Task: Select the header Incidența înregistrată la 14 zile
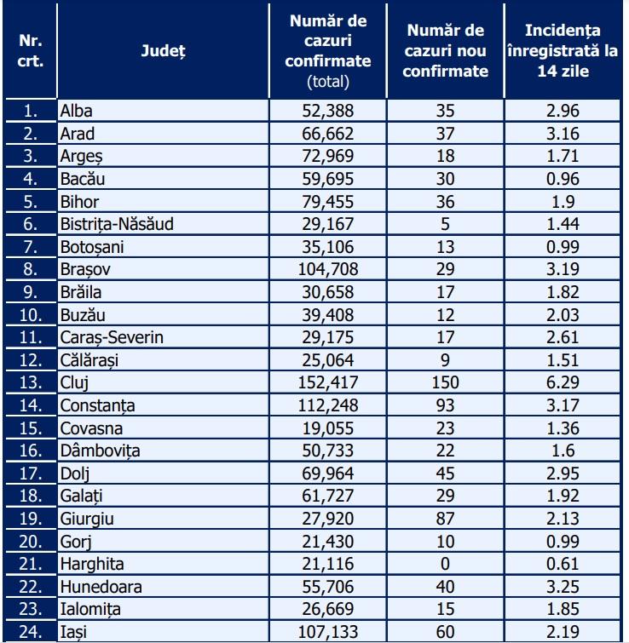point(563,52)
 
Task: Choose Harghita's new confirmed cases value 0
point(446,563)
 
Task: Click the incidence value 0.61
point(563,563)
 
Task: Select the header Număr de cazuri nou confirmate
point(446,52)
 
